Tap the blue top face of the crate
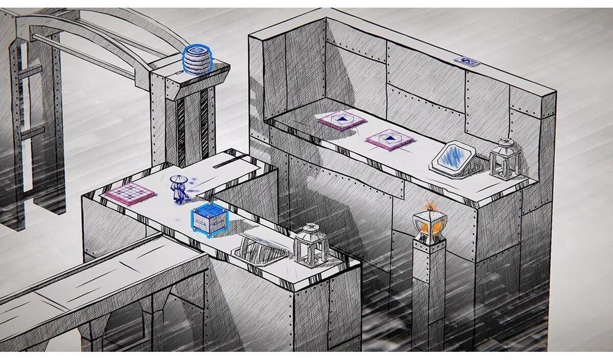(209, 210)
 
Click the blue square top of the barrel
(195, 51)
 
